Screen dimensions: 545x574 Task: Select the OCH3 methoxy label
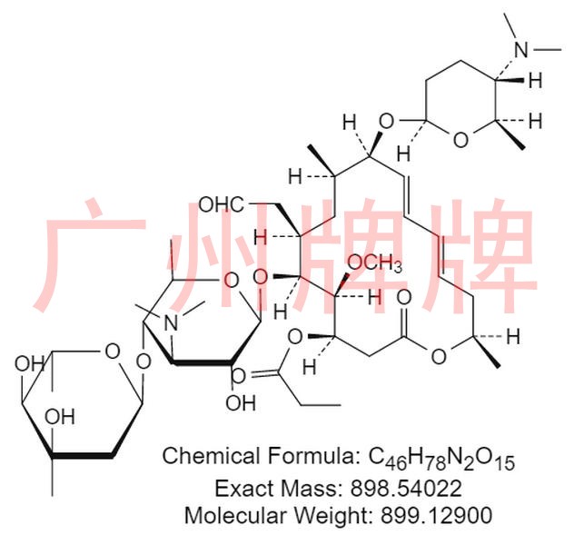coord(376,264)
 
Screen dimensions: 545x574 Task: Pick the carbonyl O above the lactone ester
coord(403,297)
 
